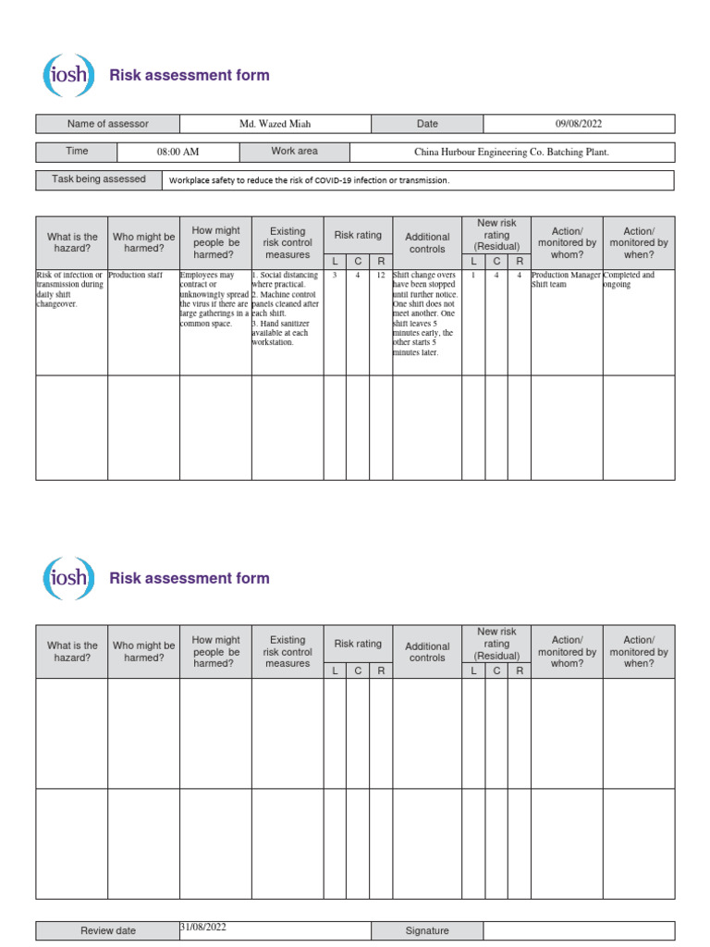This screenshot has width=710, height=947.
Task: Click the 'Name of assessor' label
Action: tap(107, 124)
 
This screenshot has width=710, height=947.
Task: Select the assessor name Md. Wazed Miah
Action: tap(275, 124)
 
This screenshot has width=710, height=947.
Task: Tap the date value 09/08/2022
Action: tap(579, 124)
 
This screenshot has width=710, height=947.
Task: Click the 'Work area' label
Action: tap(294, 152)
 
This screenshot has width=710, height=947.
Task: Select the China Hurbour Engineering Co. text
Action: tap(511, 152)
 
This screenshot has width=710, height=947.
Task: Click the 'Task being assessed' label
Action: tap(99, 179)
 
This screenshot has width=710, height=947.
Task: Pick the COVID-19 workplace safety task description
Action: tap(309, 180)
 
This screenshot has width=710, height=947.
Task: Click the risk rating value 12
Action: tap(381, 276)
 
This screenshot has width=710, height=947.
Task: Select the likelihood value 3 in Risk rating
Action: tap(335, 276)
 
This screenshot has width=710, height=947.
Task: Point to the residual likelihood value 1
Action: tap(473, 276)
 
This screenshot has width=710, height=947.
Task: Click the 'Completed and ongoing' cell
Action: tap(630, 280)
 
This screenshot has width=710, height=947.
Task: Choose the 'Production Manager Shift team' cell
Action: tap(566, 280)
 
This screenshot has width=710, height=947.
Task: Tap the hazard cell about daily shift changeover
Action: tap(69, 289)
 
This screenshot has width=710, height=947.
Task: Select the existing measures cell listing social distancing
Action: tap(287, 308)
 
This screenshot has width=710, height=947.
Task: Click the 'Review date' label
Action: tap(107, 930)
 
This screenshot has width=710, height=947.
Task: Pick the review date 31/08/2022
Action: tap(205, 927)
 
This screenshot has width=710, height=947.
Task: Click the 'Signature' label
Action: tap(427, 930)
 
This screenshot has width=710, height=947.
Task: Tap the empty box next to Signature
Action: tap(579, 930)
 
